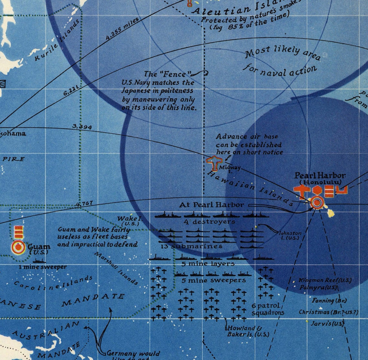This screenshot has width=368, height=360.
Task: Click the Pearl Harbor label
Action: coord(320,176)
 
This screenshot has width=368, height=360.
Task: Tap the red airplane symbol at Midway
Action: coord(213,163)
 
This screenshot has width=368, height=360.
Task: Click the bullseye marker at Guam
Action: coord(18,247)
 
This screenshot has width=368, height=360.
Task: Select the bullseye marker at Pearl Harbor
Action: coord(317,203)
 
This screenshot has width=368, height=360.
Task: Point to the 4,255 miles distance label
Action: coord(122,29)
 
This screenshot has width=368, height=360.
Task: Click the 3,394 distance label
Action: coord(82,126)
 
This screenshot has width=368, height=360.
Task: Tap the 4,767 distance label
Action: coord(84,204)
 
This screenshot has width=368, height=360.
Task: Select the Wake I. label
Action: coord(128,220)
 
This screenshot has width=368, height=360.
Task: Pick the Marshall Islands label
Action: coord(117,268)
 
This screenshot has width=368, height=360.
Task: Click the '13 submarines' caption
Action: coord(191,246)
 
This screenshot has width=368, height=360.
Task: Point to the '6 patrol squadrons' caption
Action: coord(268,309)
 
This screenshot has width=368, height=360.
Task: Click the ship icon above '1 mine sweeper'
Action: coord(39,260)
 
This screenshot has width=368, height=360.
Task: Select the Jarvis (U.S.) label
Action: coord(327,323)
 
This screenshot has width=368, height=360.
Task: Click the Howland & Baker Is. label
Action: coord(247,331)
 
